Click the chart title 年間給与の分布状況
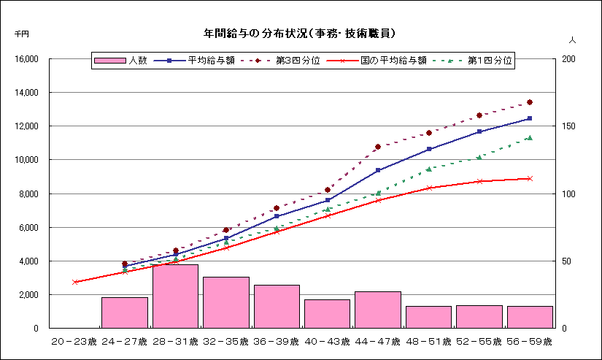click(x=300, y=34)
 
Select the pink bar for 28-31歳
click(x=175, y=296)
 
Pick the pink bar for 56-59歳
click(x=530, y=316)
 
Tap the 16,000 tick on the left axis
click(x=26, y=59)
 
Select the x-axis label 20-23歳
click(x=74, y=342)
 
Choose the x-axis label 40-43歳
click(x=327, y=342)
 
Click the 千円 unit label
click(x=21, y=34)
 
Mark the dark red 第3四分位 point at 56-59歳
click(x=530, y=102)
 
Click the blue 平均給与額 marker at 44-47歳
click(x=378, y=170)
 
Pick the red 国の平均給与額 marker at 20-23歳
click(x=74, y=282)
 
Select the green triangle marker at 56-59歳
click(x=530, y=137)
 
